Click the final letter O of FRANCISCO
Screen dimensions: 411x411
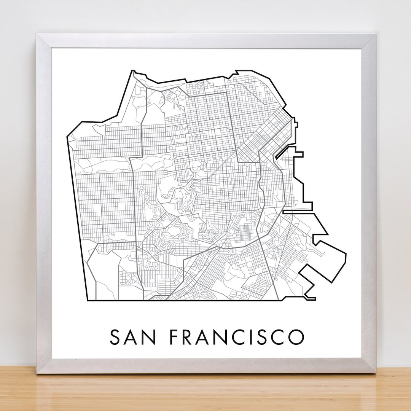(296, 337)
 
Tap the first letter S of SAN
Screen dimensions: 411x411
(116, 337)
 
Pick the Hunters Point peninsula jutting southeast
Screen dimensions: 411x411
(327, 259)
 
